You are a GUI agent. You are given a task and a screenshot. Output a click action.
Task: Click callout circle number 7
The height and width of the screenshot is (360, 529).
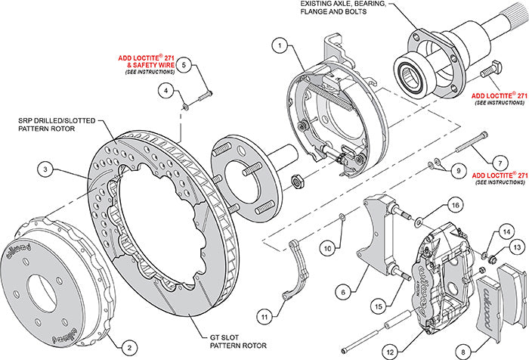pyautogui.click(x=498, y=163)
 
